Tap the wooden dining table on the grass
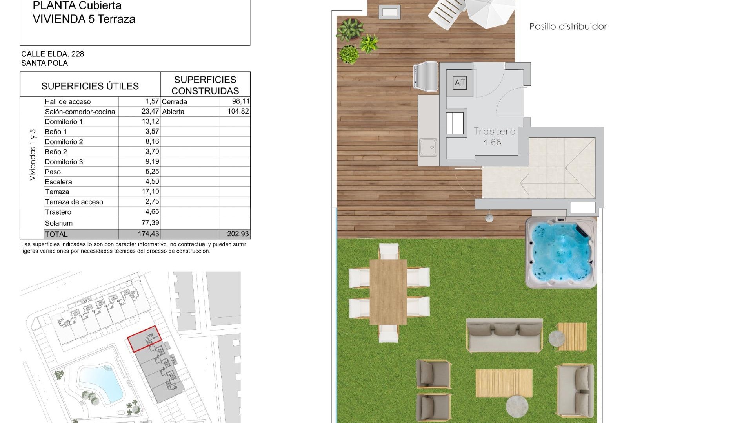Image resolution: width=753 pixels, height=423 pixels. [x=388, y=291]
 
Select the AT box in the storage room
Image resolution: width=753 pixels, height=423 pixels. [x=460, y=83]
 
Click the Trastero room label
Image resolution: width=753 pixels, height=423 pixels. [x=494, y=132]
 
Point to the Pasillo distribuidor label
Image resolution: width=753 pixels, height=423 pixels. [x=568, y=27]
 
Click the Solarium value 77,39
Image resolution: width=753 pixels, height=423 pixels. [x=150, y=223]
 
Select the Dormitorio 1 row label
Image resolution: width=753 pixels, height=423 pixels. [x=64, y=122]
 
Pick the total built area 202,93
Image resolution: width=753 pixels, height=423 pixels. [x=238, y=234]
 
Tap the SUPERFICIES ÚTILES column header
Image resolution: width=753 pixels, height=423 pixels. [x=90, y=86]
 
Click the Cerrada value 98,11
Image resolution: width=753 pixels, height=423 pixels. [x=240, y=101]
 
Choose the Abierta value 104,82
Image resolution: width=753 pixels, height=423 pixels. [x=238, y=112]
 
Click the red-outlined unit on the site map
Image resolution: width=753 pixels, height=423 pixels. [x=144, y=339]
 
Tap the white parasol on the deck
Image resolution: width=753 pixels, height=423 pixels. [x=490, y=10]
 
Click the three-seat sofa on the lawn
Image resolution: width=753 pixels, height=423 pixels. [x=504, y=335]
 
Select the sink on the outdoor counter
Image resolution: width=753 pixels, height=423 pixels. [x=428, y=147]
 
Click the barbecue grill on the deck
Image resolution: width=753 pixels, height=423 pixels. [x=426, y=76]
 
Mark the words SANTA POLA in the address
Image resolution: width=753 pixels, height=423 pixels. [x=45, y=63]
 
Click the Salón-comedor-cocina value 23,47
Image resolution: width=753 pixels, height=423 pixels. [x=150, y=112]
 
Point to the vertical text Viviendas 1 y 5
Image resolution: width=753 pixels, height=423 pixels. [x=33, y=155]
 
